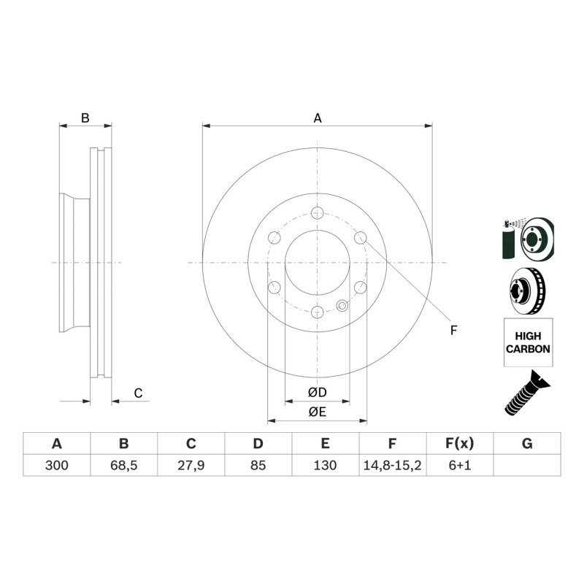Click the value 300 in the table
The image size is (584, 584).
[x=56, y=465]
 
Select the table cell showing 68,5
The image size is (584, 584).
[x=123, y=465]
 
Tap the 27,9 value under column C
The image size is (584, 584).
[x=191, y=465]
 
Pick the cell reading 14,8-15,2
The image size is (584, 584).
[x=392, y=465]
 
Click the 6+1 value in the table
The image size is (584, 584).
[x=460, y=465]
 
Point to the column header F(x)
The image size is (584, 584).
[x=460, y=443]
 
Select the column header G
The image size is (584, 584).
[x=527, y=443]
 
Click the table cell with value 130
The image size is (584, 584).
[x=325, y=465]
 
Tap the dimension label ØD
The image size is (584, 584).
[x=317, y=393]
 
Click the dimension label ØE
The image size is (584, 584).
[x=317, y=412]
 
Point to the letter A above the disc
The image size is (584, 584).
[x=318, y=118]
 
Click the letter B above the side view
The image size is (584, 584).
[x=85, y=118]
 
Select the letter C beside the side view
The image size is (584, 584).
[x=137, y=393]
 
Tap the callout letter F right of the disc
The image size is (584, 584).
[x=453, y=331]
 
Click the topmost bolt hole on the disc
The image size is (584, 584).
[x=317, y=213]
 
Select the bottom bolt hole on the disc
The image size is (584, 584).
[x=317, y=312]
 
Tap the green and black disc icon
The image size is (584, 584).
[x=528, y=239]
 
